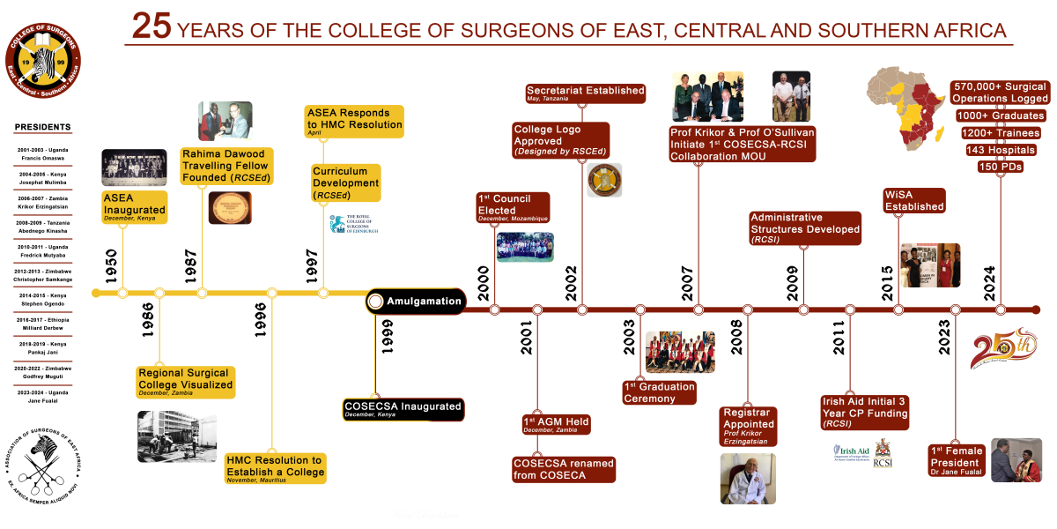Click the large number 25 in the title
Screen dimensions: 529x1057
[152, 27]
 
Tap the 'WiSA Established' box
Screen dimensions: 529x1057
[913, 200]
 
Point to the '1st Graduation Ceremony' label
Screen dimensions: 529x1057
[660, 392]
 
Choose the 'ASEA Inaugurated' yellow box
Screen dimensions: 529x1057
[134, 205]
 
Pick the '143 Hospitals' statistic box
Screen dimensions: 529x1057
[1000, 150]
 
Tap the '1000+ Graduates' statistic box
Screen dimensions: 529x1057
[1001, 115]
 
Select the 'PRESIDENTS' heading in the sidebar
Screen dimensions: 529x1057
[42, 127]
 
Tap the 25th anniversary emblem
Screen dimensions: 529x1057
[1003, 349]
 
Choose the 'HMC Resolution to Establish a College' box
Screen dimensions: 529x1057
[276, 466]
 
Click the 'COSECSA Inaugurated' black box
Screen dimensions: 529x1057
[403, 409]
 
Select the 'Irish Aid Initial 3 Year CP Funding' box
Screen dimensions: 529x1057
[864, 413]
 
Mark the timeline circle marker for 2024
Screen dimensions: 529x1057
[1000, 309]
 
